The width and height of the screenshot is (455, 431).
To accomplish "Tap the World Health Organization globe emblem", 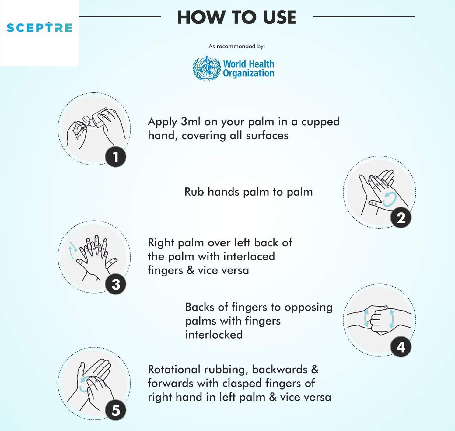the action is coord(206,68).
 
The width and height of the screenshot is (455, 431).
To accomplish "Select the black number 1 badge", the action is coord(116,157).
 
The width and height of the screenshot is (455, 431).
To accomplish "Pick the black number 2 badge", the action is coord(401,217).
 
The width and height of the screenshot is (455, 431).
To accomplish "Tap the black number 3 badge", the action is coord(116,284).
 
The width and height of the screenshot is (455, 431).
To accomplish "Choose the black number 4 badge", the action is coord(401,347).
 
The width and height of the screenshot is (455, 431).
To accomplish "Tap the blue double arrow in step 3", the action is coord(72,250).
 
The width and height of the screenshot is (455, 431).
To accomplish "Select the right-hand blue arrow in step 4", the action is coord(392,319).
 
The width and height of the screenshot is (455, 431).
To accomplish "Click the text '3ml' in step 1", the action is coord(191,122).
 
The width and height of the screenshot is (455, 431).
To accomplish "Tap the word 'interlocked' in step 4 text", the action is coord(214,335).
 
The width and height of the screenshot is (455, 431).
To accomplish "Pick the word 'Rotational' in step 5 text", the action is coord(174,370).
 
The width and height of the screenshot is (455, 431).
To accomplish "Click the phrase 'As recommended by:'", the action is coord(237,46).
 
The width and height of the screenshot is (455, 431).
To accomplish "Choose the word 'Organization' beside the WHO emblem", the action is coord(249,73).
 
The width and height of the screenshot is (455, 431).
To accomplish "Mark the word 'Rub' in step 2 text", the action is coord(194,192).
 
